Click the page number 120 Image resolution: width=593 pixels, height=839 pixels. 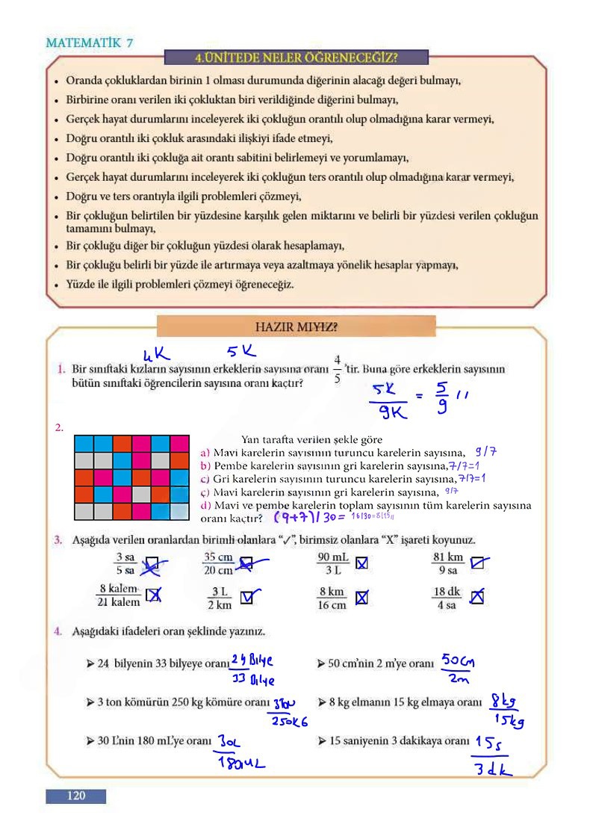coord(76,796)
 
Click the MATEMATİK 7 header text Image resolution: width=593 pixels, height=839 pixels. coord(90,43)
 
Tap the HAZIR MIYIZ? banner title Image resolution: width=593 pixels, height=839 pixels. coord(296,326)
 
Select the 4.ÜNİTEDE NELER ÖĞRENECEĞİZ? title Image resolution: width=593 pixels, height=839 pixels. coord(296,58)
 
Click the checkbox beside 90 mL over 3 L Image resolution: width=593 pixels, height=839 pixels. coord(361,563)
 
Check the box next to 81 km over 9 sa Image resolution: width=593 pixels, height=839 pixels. coord(477,563)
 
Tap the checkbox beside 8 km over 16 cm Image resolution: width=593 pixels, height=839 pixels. coord(361,598)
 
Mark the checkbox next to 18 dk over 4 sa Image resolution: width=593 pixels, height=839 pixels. coord(477,597)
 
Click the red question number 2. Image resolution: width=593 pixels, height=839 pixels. coord(58,428)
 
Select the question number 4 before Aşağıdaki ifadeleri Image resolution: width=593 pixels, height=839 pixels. coord(58,631)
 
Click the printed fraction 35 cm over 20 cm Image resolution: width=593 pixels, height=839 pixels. coord(219,563)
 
